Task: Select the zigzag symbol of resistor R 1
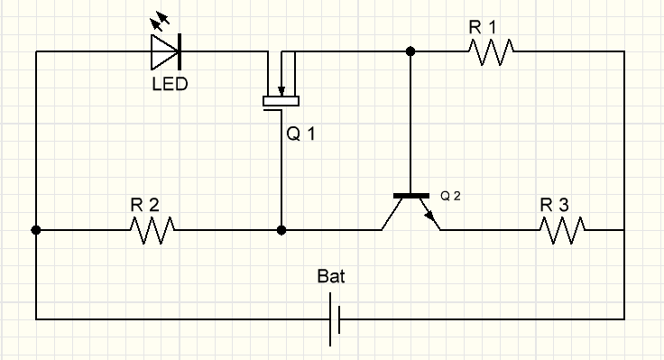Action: coord(493,52)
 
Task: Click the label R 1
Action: coord(483,27)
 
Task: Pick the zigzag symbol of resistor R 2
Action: coord(152,231)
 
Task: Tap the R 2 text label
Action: coord(144,206)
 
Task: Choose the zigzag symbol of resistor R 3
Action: coord(564,231)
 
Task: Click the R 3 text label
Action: coord(555,206)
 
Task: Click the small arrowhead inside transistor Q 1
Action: coord(281,90)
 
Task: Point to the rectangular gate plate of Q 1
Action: coord(281,101)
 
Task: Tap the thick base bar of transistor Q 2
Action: coord(411,196)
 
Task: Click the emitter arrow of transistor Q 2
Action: coord(430,217)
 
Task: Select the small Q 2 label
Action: coord(451,196)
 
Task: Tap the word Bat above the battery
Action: coord(331,276)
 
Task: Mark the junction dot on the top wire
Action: coord(411,52)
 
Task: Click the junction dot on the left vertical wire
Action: coord(36,231)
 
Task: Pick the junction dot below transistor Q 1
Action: coord(281,231)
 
